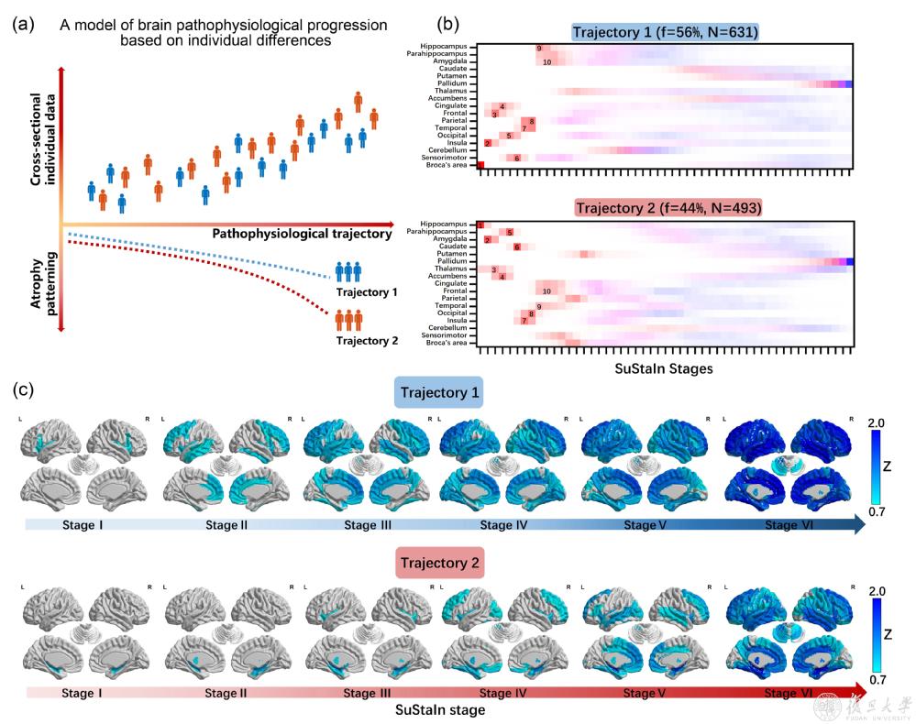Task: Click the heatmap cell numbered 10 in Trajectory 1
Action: tap(546, 62)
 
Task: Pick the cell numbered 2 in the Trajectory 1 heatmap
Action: tap(488, 143)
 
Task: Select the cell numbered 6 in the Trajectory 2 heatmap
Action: tap(517, 247)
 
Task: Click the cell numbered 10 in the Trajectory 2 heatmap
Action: tap(546, 291)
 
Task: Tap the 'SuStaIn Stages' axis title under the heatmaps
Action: tap(667, 368)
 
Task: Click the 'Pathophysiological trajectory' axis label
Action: tap(302, 234)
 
